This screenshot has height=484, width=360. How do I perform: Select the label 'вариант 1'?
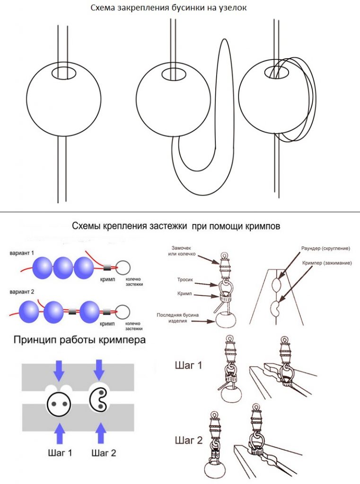click(x=22, y=253)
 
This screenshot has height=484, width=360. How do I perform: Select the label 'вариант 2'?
click(x=22, y=291)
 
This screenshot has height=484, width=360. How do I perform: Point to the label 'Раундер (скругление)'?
click(x=325, y=249)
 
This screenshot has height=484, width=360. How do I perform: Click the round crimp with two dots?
click(x=59, y=404)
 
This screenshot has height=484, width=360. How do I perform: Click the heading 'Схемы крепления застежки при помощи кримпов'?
click(x=176, y=226)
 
